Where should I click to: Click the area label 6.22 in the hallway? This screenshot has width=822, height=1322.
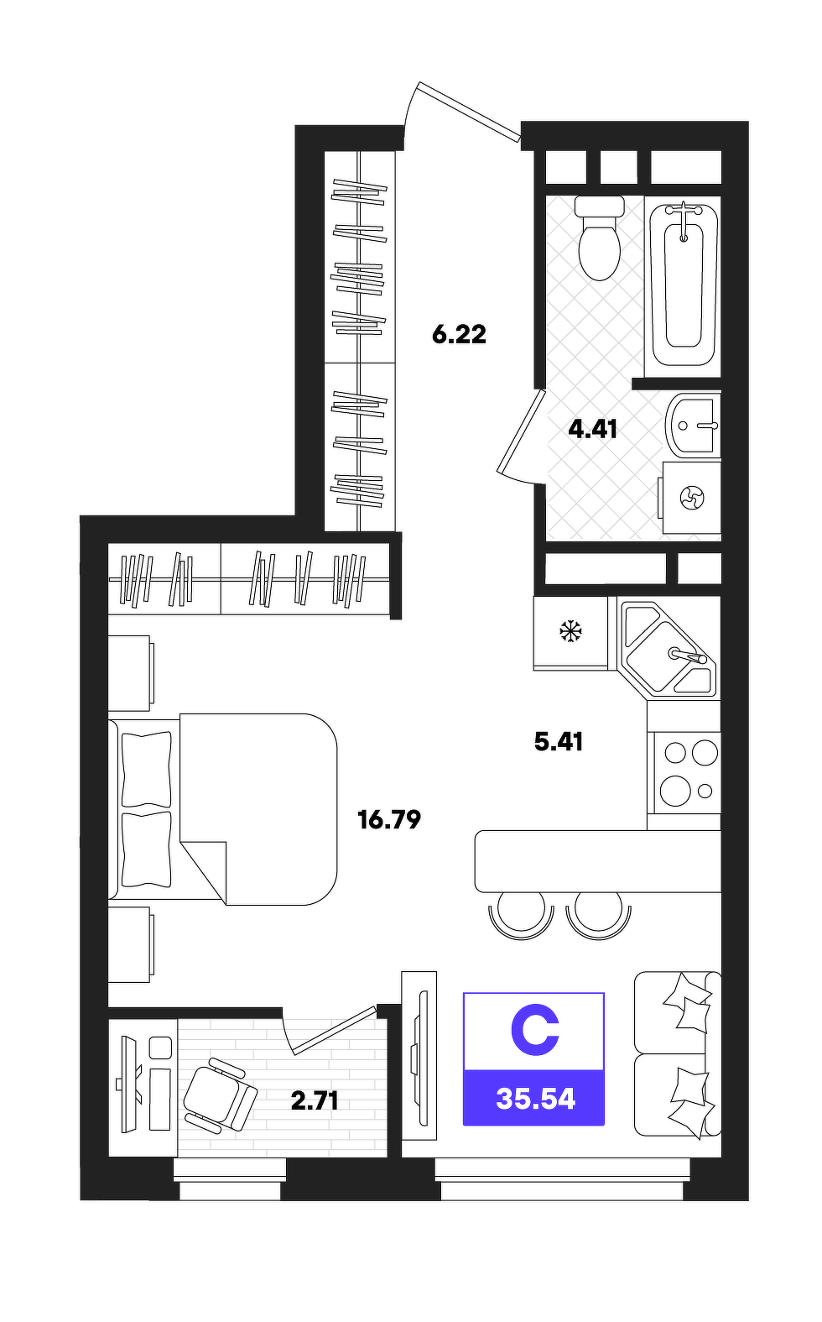[459, 335]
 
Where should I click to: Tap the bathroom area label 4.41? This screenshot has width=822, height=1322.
[593, 429]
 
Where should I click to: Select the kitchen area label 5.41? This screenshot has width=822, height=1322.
[559, 741]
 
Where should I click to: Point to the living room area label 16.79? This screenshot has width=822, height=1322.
[389, 819]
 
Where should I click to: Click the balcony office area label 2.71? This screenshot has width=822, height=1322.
[315, 1100]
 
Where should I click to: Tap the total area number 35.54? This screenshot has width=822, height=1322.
[535, 1099]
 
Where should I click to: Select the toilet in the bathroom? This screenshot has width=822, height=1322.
[599, 238]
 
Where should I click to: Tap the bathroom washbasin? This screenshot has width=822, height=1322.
[693, 425]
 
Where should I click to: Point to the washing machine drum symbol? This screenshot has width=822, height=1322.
[692, 498]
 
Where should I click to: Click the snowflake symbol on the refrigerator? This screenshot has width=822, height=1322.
[570, 631]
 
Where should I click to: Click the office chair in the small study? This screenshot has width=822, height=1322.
[220, 1095]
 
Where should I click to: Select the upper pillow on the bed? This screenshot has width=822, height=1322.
[146, 769]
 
